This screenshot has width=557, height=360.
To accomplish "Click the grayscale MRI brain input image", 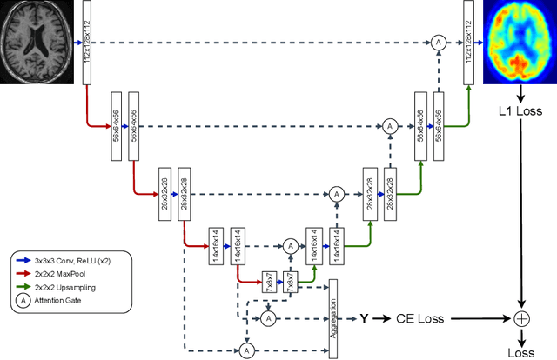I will tap(39, 41).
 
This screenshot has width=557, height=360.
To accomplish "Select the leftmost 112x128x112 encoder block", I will tap(87, 42).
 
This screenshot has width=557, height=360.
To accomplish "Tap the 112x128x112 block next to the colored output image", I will tap(470, 42).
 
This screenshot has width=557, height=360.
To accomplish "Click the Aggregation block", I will tap(332, 318).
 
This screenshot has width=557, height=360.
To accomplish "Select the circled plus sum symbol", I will tap(521, 319).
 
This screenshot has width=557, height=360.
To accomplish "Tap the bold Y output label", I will tap(365, 319).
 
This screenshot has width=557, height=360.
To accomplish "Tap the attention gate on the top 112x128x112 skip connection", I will tap(440, 41).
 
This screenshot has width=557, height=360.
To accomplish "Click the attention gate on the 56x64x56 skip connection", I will tap(389, 126).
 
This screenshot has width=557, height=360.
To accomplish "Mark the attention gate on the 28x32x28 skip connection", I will tap(336, 194).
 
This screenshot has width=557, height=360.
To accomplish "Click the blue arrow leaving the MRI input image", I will tap(77, 41).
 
